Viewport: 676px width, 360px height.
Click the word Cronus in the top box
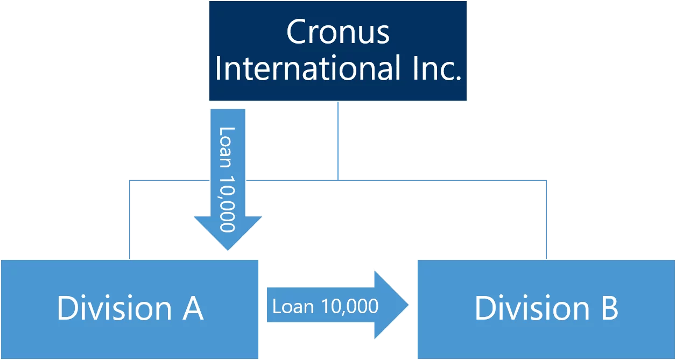337,32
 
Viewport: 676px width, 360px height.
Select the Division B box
546,334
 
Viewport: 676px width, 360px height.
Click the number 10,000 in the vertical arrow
228,202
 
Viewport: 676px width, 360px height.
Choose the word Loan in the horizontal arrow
293,307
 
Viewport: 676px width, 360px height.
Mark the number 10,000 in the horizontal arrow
350,307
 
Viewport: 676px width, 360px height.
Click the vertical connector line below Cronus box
338,140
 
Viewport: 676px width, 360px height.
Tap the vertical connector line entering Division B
545,218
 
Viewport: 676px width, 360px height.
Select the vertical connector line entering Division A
131,218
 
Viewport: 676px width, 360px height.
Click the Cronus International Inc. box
338,51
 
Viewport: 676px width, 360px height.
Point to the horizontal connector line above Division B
441,178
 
